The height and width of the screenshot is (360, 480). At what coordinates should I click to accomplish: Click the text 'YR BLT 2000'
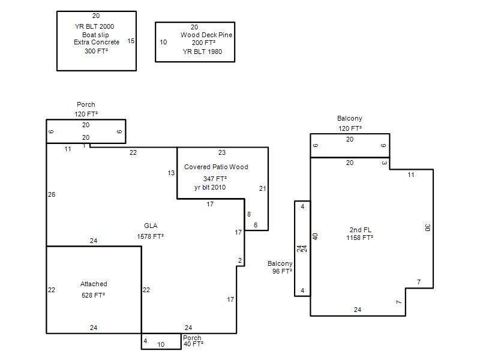pyautogui.click(x=94, y=26)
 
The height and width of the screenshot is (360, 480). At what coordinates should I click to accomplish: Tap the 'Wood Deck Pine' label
pyautogui.click(x=206, y=35)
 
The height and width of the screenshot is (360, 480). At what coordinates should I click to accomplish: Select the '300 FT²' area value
pyautogui.click(x=96, y=51)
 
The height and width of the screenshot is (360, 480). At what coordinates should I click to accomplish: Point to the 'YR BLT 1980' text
pyautogui.click(x=202, y=52)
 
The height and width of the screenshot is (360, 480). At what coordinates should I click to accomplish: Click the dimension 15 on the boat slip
pyautogui.click(x=131, y=41)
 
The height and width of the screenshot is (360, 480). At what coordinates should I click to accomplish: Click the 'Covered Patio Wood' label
pyautogui.click(x=216, y=167)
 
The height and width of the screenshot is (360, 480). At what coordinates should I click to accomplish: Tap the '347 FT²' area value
pyautogui.click(x=215, y=178)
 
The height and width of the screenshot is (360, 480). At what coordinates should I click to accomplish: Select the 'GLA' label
pyautogui.click(x=151, y=226)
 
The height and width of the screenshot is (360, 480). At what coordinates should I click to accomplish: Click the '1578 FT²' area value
pyautogui.click(x=151, y=236)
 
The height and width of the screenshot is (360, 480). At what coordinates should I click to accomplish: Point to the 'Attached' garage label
pyautogui.click(x=94, y=284)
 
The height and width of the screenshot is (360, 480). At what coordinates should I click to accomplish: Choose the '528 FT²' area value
pyautogui.click(x=93, y=295)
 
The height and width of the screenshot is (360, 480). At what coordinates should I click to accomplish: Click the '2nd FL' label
pyautogui.click(x=361, y=230)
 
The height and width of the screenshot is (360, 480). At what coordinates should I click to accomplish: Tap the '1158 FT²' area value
pyautogui.click(x=359, y=238)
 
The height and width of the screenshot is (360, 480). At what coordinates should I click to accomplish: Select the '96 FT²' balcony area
pyautogui.click(x=282, y=271)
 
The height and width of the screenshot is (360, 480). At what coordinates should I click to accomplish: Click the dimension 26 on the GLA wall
pyautogui.click(x=52, y=194)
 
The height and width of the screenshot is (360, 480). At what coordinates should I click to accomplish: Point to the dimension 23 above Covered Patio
pyautogui.click(x=222, y=152)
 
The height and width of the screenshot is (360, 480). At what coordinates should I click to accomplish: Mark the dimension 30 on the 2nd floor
pyautogui.click(x=428, y=228)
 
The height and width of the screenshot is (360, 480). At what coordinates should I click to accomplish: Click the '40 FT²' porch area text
pyautogui.click(x=193, y=344)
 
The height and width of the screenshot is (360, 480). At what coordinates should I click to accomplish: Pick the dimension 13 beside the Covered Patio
pyautogui.click(x=171, y=173)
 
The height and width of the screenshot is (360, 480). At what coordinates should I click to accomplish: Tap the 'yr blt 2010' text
pyautogui.click(x=210, y=187)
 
